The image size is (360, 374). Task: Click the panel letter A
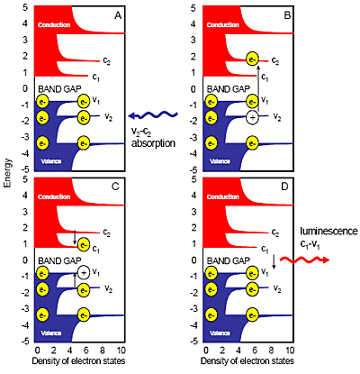(x=118, y=15)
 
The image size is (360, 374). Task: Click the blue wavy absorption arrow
(x=153, y=115)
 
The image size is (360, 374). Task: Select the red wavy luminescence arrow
(x=304, y=260)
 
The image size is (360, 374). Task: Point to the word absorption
(x=153, y=143)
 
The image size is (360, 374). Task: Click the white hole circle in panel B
(x=252, y=117)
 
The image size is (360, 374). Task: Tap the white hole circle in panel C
(x=84, y=272)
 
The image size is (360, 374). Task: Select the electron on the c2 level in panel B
(x=252, y=59)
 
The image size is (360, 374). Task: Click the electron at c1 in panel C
(x=84, y=244)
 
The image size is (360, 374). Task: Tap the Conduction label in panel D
(x=222, y=197)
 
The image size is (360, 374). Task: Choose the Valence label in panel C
(x=51, y=333)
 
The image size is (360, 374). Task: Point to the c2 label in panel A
(x=106, y=60)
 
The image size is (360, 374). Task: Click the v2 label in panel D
(x=277, y=289)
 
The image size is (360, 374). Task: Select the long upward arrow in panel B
(x=257, y=89)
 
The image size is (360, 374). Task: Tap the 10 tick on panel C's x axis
(x=121, y=351)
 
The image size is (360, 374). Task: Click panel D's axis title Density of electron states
(x=247, y=361)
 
